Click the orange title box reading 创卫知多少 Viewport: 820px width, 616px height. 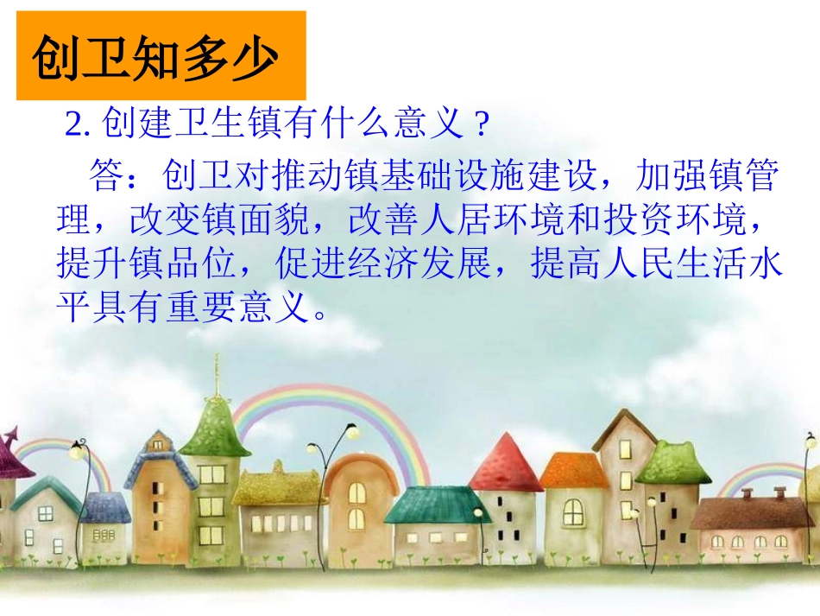[161, 56]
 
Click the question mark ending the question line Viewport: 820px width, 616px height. [483, 126]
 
